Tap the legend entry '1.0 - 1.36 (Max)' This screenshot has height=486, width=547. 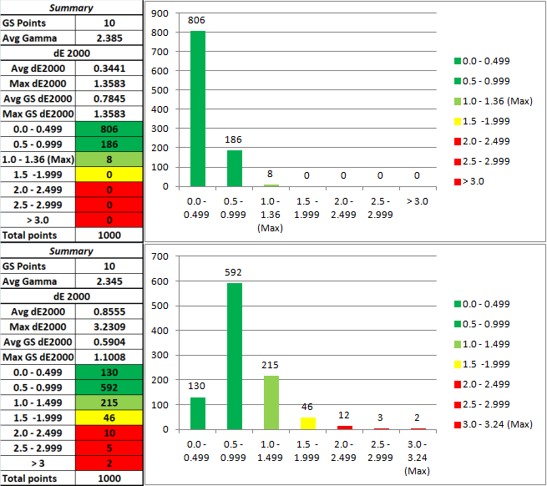coord(492,101)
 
